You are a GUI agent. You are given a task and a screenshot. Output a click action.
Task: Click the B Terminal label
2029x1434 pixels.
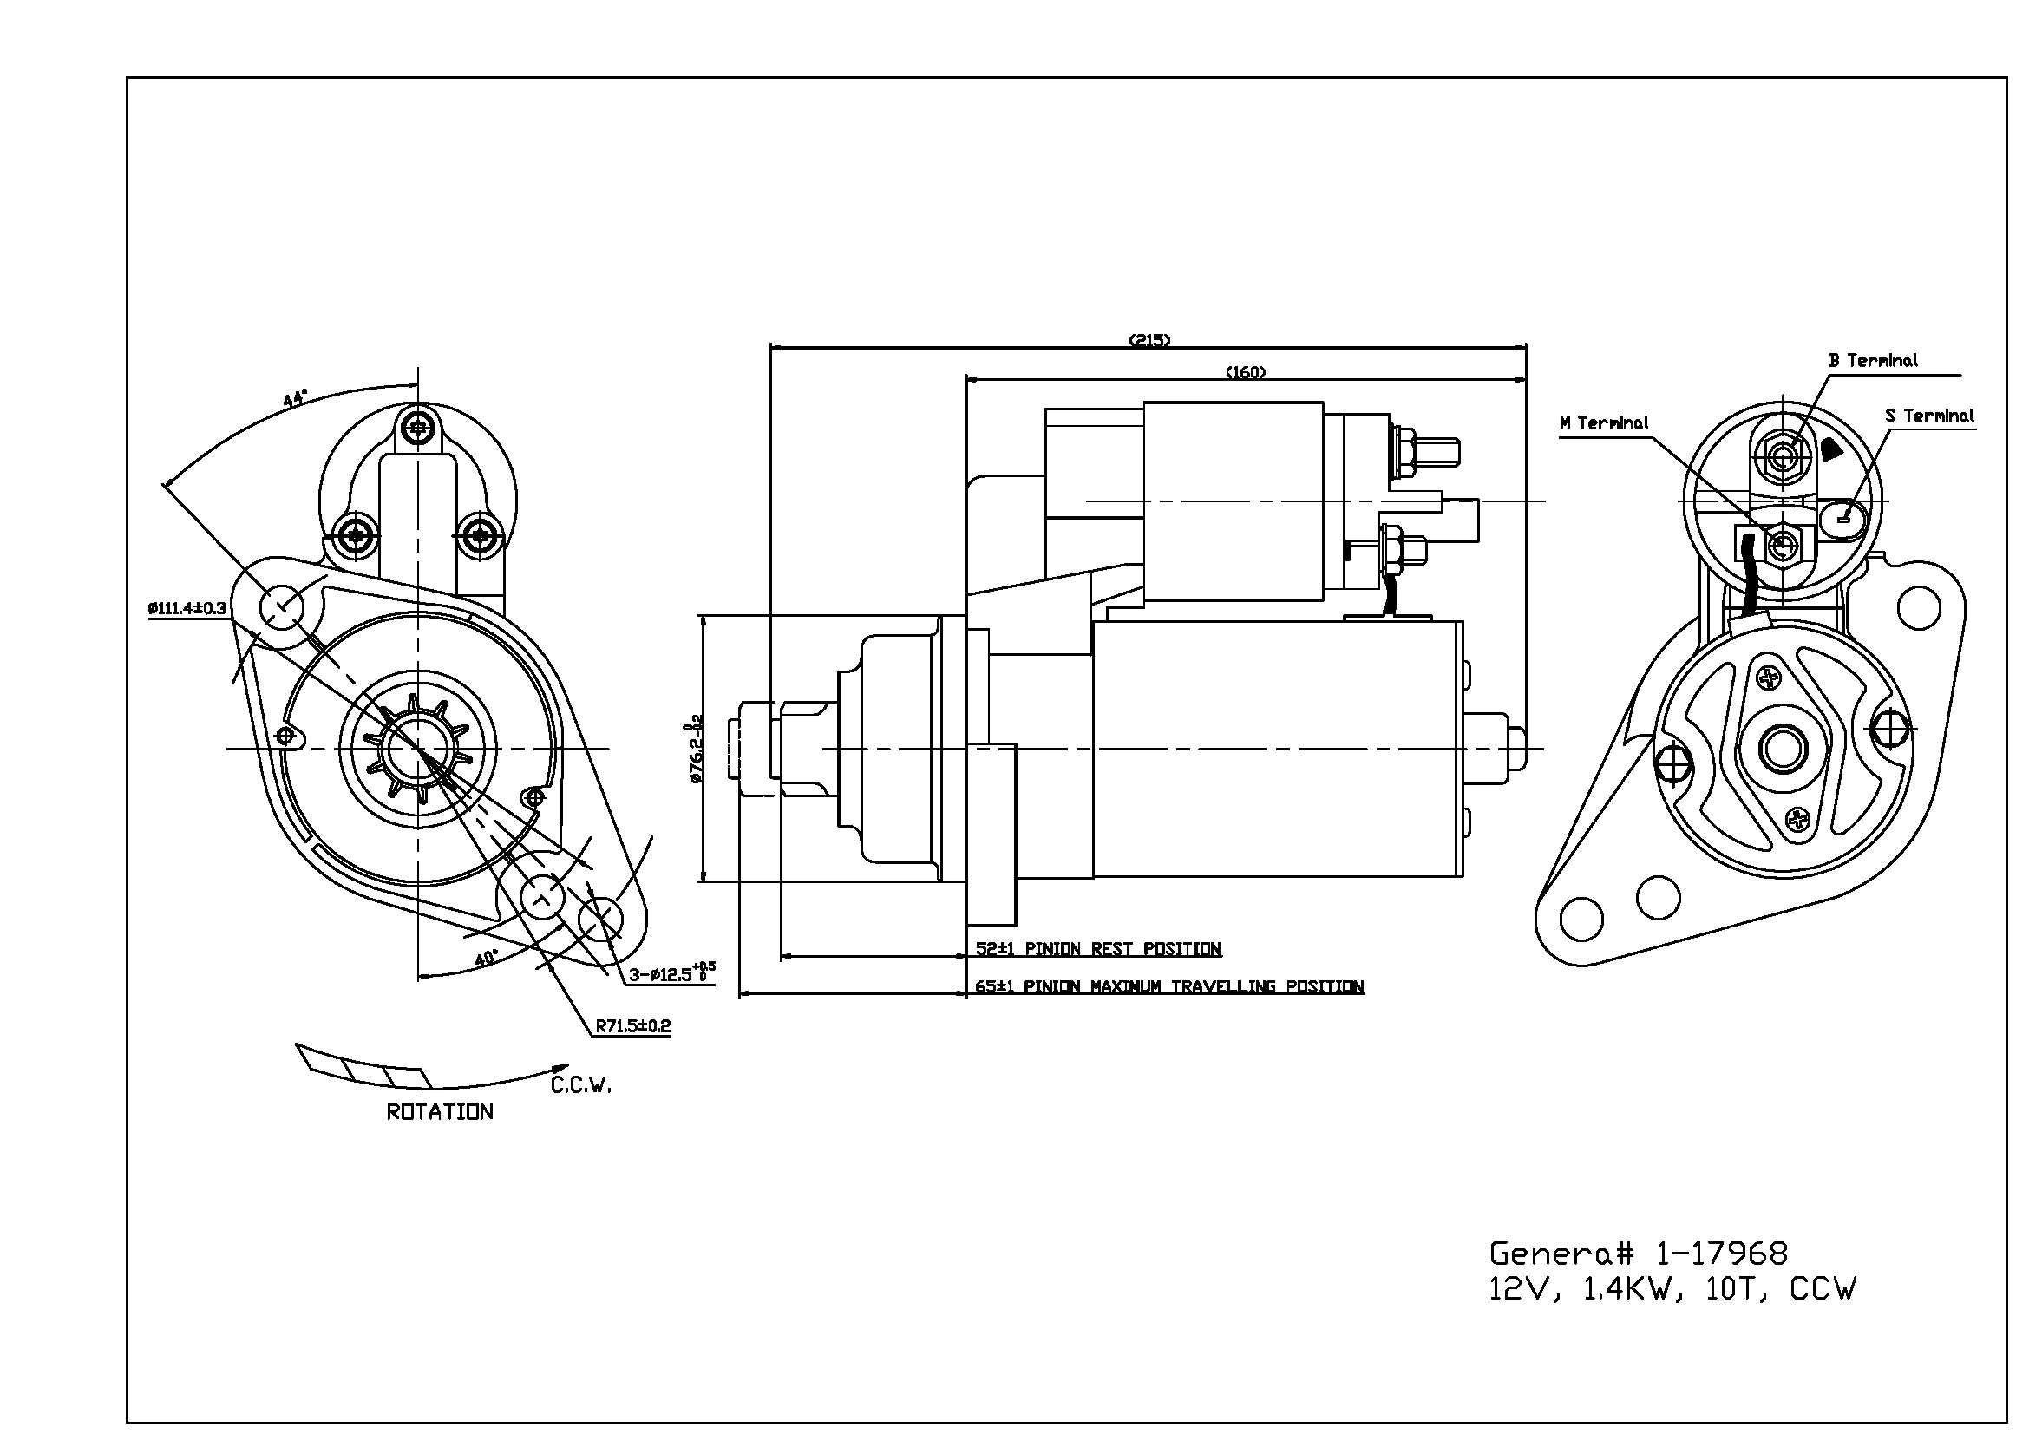pyautogui.click(x=1873, y=361)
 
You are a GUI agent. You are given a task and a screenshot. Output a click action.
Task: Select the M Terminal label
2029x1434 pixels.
pyautogui.click(x=1603, y=423)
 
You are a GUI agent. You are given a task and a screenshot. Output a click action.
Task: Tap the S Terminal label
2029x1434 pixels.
pyautogui.click(x=1929, y=416)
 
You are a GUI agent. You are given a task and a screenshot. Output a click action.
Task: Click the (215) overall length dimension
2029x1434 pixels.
pyautogui.click(x=1149, y=340)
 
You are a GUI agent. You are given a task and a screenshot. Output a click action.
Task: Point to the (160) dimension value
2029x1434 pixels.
pyautogui.click(x=1245, y=372)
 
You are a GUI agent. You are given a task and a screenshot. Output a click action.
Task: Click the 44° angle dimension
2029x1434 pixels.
pyautogui.click(x=295, y=397)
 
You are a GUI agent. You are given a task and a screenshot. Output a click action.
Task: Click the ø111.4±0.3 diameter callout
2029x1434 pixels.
pyautogui.click(x=187, y=608)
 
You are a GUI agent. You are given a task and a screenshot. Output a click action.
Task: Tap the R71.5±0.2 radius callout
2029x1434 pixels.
pyautogui.click(x=632, y=1025)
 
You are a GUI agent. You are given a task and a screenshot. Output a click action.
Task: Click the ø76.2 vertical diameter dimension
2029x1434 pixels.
pyautogui.click(x=695, y=750)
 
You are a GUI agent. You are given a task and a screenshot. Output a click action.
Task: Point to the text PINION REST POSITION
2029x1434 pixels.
pyautogui.click(x=1122, y=949)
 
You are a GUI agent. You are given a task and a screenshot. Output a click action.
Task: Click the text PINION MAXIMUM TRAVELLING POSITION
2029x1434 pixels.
pyautogui.click(x=1193, y=987)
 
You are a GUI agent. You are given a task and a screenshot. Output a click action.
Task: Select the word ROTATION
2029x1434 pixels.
pyautogui.click(x=439, y=1111)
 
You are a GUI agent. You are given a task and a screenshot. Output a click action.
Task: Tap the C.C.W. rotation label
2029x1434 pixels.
pyautogui.click(x=580, y=1085)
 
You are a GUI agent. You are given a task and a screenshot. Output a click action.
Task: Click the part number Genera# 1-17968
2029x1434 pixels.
pyautogui.click(x=1639, y=1253)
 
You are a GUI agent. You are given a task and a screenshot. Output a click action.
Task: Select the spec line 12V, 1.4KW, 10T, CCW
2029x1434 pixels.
pyautogui.click(x=1672, y=1290)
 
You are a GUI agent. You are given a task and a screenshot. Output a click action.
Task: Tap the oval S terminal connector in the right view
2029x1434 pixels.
pyautogui.click(x=1842, y=515)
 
